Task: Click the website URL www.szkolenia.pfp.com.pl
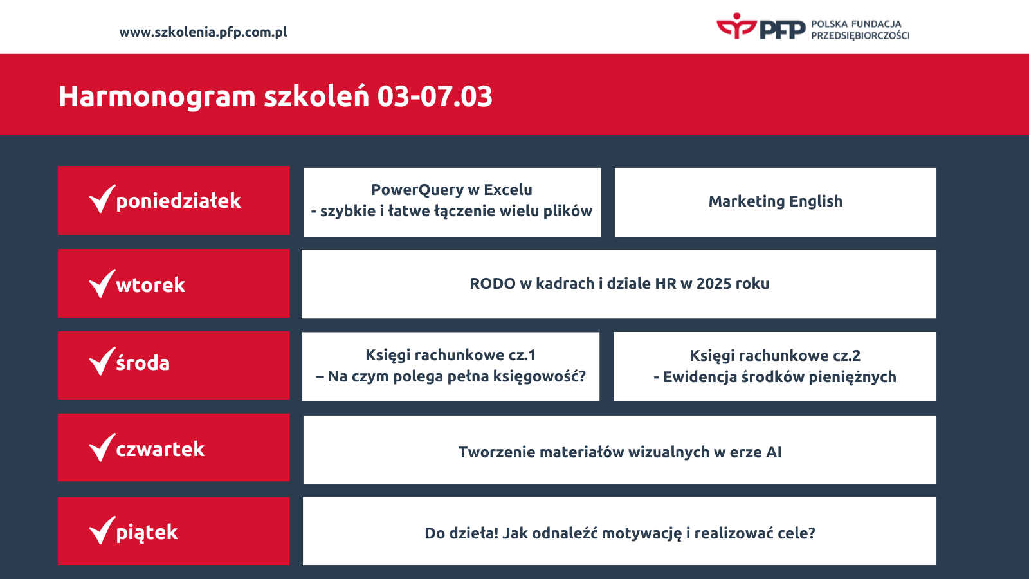coord(203,32)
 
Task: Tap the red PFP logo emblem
coord(736,26)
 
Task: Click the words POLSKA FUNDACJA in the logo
coord(856,24)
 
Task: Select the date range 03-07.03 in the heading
coord(435,96)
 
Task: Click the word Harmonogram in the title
coord(157,96)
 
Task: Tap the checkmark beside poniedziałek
coord(102,199)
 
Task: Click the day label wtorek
coord(150,285)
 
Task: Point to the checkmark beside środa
coord(102,361)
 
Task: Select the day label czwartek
coord(160,449)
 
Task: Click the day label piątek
coord(147,533)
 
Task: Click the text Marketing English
coord(775,201)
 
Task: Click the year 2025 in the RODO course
coord(714,284)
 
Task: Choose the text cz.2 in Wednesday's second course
coord(846,356)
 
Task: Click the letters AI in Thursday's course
coord(773,452)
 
